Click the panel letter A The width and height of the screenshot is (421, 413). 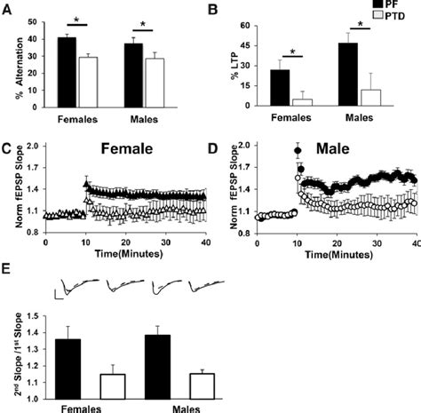pos(8,10)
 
